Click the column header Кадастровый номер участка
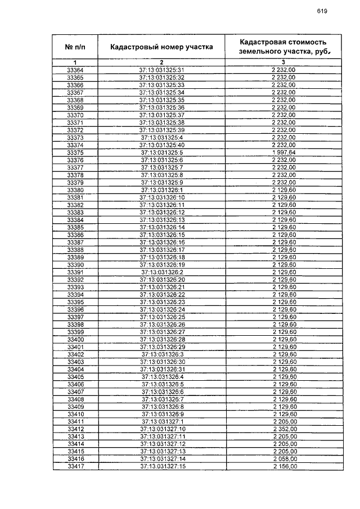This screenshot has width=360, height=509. [161, 47]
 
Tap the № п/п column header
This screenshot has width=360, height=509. [75, 47]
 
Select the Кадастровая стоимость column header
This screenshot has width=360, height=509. [283, 47]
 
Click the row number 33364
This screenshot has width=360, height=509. [75, 70]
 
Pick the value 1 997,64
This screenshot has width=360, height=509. [283, 152]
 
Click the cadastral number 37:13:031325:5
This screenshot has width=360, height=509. [162, 152]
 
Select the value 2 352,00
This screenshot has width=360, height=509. [283, 429]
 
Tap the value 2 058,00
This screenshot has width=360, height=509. [283, 459]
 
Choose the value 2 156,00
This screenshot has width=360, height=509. [283, 467]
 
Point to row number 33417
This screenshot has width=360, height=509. [75, 467]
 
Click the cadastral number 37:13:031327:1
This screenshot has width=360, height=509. [162, 421]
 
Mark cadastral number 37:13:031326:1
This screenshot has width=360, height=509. [162, 190]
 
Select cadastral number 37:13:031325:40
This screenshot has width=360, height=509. [162, 145]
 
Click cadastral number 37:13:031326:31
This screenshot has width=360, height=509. [162, 369]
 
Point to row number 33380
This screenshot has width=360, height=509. [75, 190]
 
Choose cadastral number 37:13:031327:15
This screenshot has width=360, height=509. [162, 467]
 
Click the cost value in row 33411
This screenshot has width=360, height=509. [283, 421]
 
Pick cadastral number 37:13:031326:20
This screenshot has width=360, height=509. [162, 280]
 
